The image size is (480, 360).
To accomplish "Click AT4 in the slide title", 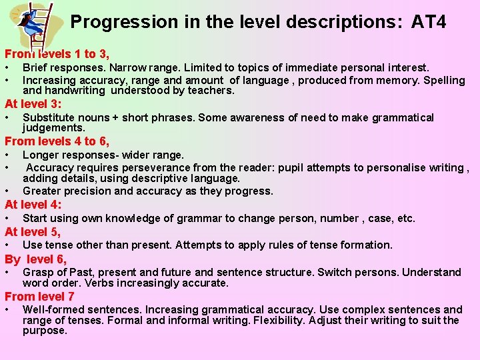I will click(x=429, y=22).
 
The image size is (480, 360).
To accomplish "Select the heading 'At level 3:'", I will click(x=33, y=104).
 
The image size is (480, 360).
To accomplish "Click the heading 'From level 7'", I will click(x=39, y=296).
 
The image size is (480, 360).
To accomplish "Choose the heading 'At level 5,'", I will click(x=33, y=232).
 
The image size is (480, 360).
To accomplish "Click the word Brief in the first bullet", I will click(x=37, y=67).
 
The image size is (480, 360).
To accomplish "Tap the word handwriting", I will click(x=75, y=90).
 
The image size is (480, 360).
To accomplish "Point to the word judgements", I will click(x=54, y=127).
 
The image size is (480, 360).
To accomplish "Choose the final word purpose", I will click(x=45, y=330).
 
